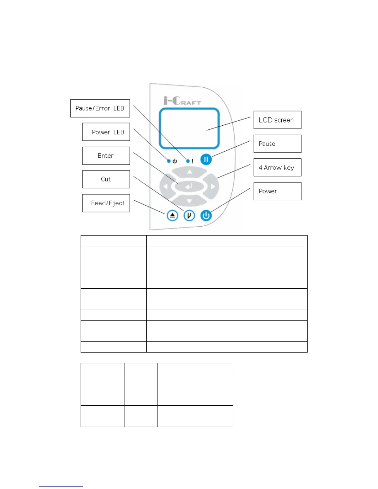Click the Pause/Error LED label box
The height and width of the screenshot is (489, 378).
pyautogui.click(x=100, y=108)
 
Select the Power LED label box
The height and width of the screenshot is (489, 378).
pyautogui.click(x=106, y=132)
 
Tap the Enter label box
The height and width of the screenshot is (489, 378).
pyautogui.click(x=106, y=156)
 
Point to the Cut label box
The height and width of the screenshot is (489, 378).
pyautogui.click(x=106, y=179)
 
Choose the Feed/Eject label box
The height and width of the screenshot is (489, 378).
pyautogui.click(x=106, y=203)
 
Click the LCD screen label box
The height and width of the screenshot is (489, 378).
pyautogui.click(x=277, y=120)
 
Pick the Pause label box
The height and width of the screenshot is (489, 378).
pyautogui.click(x=277, y=144)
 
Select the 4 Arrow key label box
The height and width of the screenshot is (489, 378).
pyautogui.click(x=277, y=168)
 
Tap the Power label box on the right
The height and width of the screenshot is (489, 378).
pyautogui.click(x=277, y=191)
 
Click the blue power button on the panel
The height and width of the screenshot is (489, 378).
pyautogui.click(x=206, y=215)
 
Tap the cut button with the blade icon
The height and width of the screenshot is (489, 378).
pyautogui.click(x=189, y=215)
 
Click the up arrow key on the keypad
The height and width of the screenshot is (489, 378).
pyautogui.click(x=189, y=172)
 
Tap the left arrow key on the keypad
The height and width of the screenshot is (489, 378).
pyautogui.click(x=165, y=186)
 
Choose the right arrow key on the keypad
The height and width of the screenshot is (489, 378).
pyautogui.click(x=213, y=186)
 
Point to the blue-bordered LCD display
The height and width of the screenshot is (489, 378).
pyautogui.click(x=189, y=128)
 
